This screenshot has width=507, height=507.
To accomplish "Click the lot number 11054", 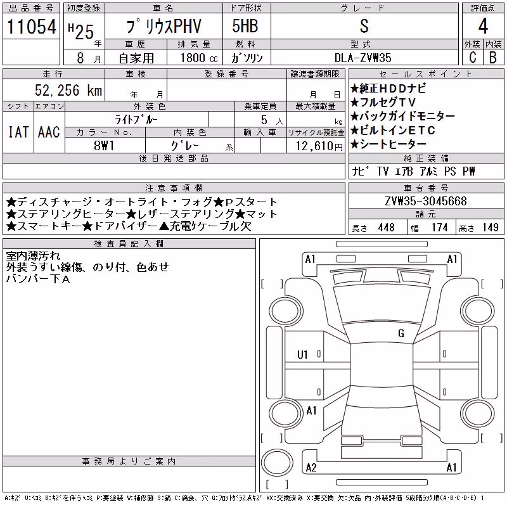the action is coord(31,27).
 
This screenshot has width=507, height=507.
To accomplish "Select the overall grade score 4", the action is coord(483,26).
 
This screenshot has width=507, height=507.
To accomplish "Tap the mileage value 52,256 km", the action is coord(68,90).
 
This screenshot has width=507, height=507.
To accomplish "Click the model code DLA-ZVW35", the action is coord(363,58).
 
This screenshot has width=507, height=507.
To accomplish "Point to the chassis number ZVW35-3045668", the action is coord(426,201).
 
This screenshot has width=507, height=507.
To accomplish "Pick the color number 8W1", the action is coord(104,146).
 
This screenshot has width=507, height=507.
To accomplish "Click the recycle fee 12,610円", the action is coord(319,146).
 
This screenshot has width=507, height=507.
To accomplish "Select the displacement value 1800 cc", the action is coord(199,58).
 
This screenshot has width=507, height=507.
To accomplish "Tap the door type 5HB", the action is coord(245,26).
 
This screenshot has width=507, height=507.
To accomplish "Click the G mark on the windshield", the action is coord(401,333).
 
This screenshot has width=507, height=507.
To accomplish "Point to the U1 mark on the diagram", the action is coord(302,355).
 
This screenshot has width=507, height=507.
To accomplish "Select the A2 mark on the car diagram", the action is coord(311,468).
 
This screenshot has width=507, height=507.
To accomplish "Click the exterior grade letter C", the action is coord(473,57).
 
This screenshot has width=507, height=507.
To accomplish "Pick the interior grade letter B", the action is coord(493,57).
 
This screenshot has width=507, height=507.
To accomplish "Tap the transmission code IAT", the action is coord(18,132).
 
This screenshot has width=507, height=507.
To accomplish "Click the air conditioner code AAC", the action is coord(49,132).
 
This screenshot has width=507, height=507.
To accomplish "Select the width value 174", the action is coord(440,228).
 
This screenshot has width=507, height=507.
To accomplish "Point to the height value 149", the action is coord(491,228).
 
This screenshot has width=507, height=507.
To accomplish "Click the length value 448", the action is coord(387,228).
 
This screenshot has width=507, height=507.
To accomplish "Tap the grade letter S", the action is coord(364,26).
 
